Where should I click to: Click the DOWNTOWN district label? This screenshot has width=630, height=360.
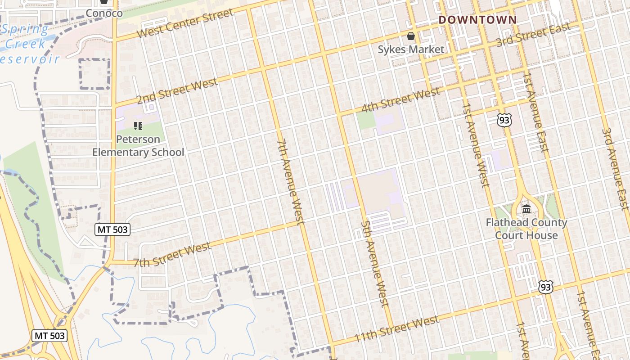coord(477,20)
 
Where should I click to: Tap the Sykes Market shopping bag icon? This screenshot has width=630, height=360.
coord(411,36)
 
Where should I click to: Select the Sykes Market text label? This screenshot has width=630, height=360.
coord(411,49)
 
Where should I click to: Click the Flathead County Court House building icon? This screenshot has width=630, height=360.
coord(526,209)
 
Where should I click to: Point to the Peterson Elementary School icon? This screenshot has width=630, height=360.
coord(138,126)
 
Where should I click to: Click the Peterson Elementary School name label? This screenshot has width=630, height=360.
coord(138,146)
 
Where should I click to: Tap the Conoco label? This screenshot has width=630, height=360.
coord(104,13)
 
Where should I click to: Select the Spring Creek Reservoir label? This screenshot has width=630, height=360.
coord(29,44)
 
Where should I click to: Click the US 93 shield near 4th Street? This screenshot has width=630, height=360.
coord(504,120)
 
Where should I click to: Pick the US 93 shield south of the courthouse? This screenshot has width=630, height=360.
coord(545,287)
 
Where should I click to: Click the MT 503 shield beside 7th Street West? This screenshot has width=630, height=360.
coord(112,230)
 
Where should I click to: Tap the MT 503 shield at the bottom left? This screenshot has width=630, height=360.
coord(49,336)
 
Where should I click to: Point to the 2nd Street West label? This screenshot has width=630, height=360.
coord(177,91)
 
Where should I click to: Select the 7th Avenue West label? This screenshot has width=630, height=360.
coord(291,182)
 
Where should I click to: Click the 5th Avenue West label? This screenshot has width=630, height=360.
coord(374,263)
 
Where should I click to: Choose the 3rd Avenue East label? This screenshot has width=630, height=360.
coord(615,169)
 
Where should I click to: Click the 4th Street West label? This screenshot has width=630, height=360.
coord(400,102)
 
